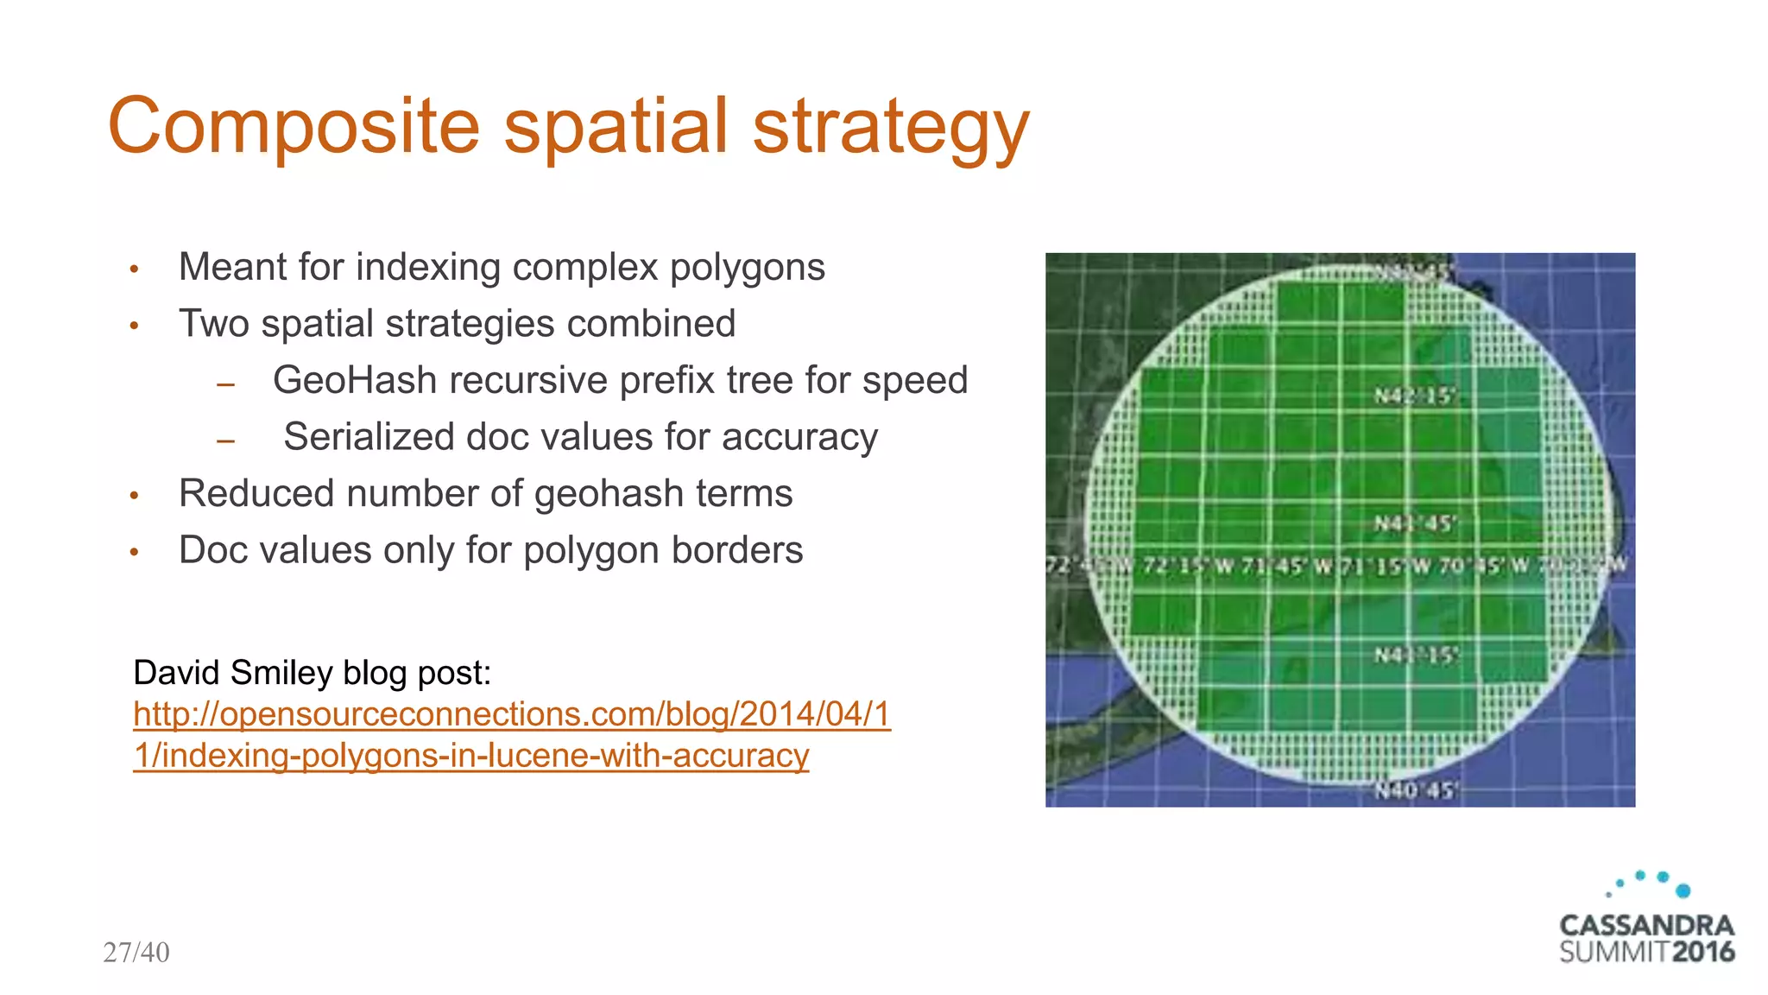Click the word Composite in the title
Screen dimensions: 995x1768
click(294, 127)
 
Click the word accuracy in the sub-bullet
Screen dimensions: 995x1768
click(799, 438)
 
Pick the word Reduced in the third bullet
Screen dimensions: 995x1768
click(255, 493)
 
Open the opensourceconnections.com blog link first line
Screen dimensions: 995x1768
click(512, 714)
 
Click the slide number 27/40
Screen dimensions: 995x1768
click(136, 952)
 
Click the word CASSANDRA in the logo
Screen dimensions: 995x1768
click(1646, 925)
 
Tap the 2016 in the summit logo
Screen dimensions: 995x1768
click(1702, 952)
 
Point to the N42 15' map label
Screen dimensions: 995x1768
click(1415, 396)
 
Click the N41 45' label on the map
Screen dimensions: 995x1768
click(1415, 523)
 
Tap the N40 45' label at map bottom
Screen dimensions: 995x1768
click(1415, 790)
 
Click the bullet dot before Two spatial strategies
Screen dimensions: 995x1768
click(135, 326)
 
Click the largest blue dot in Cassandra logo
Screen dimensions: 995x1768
click(1683, 890)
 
